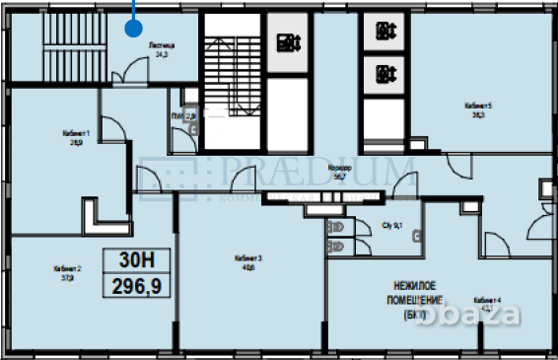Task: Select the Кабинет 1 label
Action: point(75,137)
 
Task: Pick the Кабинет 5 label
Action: point(478,109)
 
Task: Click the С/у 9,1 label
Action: point(392,226)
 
